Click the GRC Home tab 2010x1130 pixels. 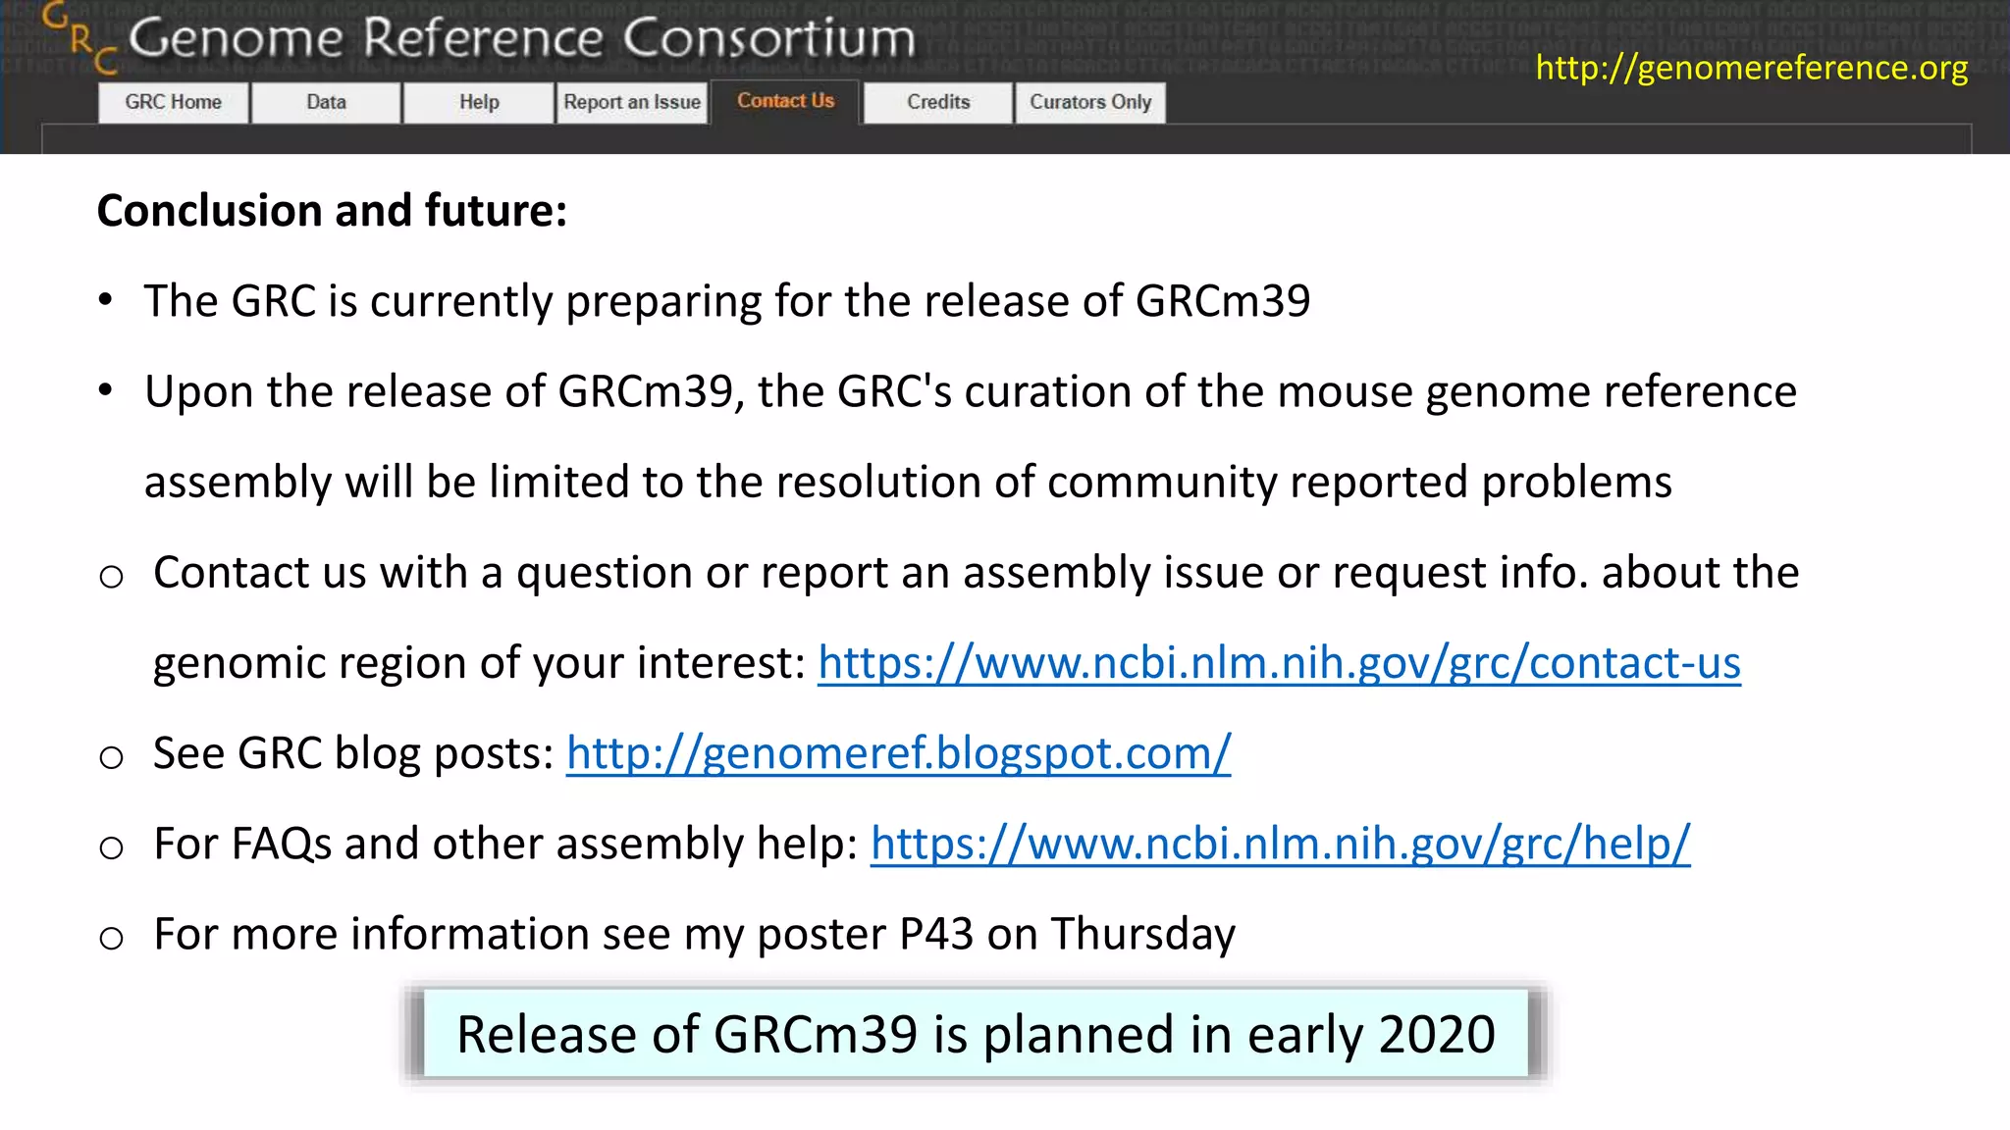(x=173, y=102)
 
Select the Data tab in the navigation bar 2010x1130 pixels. (x=326, y=102)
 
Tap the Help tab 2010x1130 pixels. (x=479, y=102)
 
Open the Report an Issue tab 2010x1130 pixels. (x=632, y=102)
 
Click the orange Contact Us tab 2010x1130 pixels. (x=785, y=101)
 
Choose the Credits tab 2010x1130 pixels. (x=938, y=102)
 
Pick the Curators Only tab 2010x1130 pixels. (x=1090, y=102)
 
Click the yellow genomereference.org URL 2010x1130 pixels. (x=1751, y=68)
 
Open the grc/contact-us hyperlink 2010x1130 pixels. (x=1279, y=663)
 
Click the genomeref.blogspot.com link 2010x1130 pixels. (x=898, y=753)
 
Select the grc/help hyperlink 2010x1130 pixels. (x=1280, y=844)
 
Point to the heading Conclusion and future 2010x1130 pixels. (x=332, y=211)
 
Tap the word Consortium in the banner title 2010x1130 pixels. (x=768, y=39)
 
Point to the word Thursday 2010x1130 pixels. (x=1143, y=934)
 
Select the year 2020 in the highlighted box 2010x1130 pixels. (x=1437, y=1035)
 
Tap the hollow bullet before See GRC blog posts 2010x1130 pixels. (x=112, y=756)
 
